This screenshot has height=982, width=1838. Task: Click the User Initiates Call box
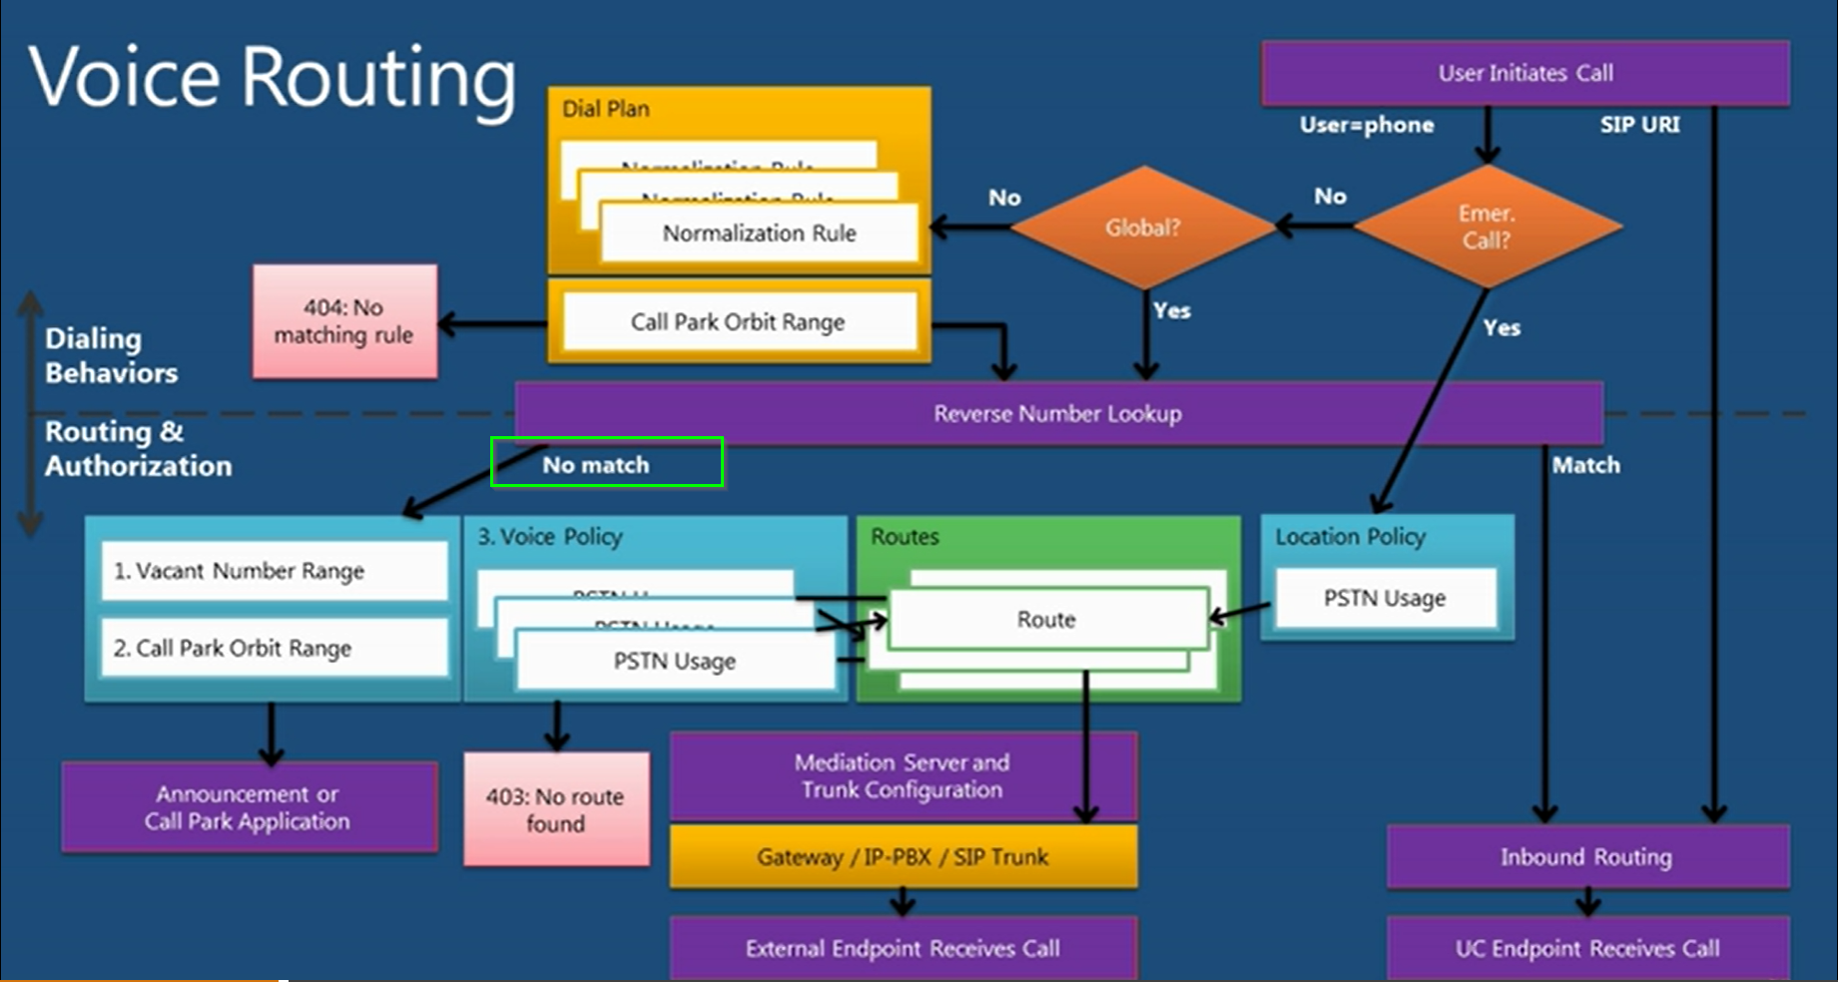(1525, 73)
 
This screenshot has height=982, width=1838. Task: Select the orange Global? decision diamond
(1143, 228)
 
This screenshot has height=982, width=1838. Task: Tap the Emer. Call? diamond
(1487, 228)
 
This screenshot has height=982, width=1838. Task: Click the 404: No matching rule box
(344, 321)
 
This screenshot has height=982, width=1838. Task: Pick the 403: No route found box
(556, 809)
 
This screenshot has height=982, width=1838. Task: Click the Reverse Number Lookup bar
(1058, 413)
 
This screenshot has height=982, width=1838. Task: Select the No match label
(596, 465)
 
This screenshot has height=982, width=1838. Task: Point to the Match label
(1585, 465)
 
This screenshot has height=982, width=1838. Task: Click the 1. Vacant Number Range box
(274, 571)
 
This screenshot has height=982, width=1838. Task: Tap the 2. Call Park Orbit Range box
(274, 648)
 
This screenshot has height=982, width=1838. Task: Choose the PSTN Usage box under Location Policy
(1385, 598)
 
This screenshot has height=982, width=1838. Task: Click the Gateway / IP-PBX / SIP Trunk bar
(903, 856)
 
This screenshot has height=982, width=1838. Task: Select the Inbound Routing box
(1586, 856)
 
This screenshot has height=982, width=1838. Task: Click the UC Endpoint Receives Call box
(1586, 948)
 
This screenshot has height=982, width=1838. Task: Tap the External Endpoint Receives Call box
(903, 948)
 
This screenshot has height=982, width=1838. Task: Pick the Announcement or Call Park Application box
(248, 807)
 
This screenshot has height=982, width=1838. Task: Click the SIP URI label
(1639, 125)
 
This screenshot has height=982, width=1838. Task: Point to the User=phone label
(1367, 125)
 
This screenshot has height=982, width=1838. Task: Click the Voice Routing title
(273, 77)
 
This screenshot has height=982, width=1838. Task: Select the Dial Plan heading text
(606, 109)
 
